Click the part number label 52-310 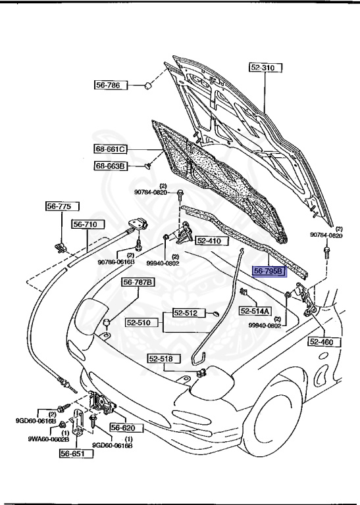pyautogui.click(x=264, y=68)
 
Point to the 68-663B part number pyautogui.click(x=109, y=166)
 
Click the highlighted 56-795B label pyautogui.click(x=269, y=271)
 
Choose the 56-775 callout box pyautogui.click(x=58, y=206)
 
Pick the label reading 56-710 pyautogui.click(x=85, y=225)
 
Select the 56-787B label pyautogui.click(x=138, y=283)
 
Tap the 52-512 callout pyautogui.click(x=186, y=313)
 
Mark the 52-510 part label pyautogui.click(x=139, y=324)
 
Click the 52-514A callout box pyautogui.click(x=255, y=311)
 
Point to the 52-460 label pyautogui.click(x=322, y=342)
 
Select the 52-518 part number pyautogui.click(x=161, y=359)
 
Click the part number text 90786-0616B pyautogui.click(x=116, y=262)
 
